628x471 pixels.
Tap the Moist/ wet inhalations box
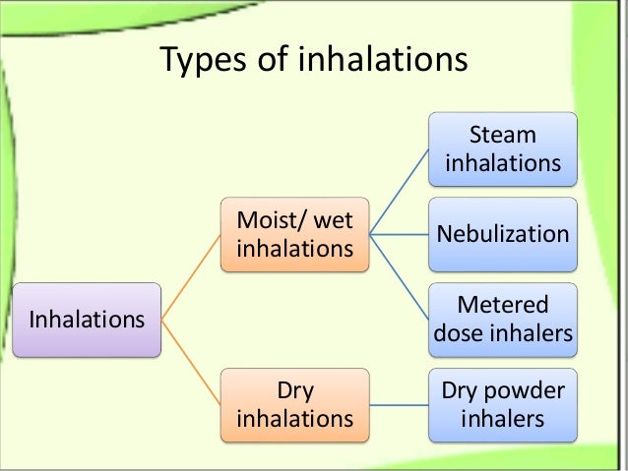[294, 235]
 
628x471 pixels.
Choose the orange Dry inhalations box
[294, 405]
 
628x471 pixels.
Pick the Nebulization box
[503, 235]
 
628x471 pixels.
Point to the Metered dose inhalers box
[503, 320]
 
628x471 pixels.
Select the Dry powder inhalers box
[503, 405]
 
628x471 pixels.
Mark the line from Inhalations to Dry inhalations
[191, 362]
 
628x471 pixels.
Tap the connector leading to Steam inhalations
[400, 192]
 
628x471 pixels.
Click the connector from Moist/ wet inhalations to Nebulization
[400, 235]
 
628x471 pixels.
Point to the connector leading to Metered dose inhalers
[400, 277]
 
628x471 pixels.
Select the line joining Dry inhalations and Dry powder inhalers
[400, 405]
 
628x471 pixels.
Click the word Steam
[503, 136]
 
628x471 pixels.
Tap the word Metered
[503, 306]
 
